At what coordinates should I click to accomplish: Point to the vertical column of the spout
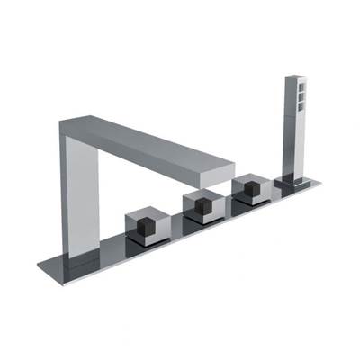pyautogui.click(x=78, y=194)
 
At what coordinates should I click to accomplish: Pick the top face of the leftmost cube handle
pyautogui.click(x=144, y=213)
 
